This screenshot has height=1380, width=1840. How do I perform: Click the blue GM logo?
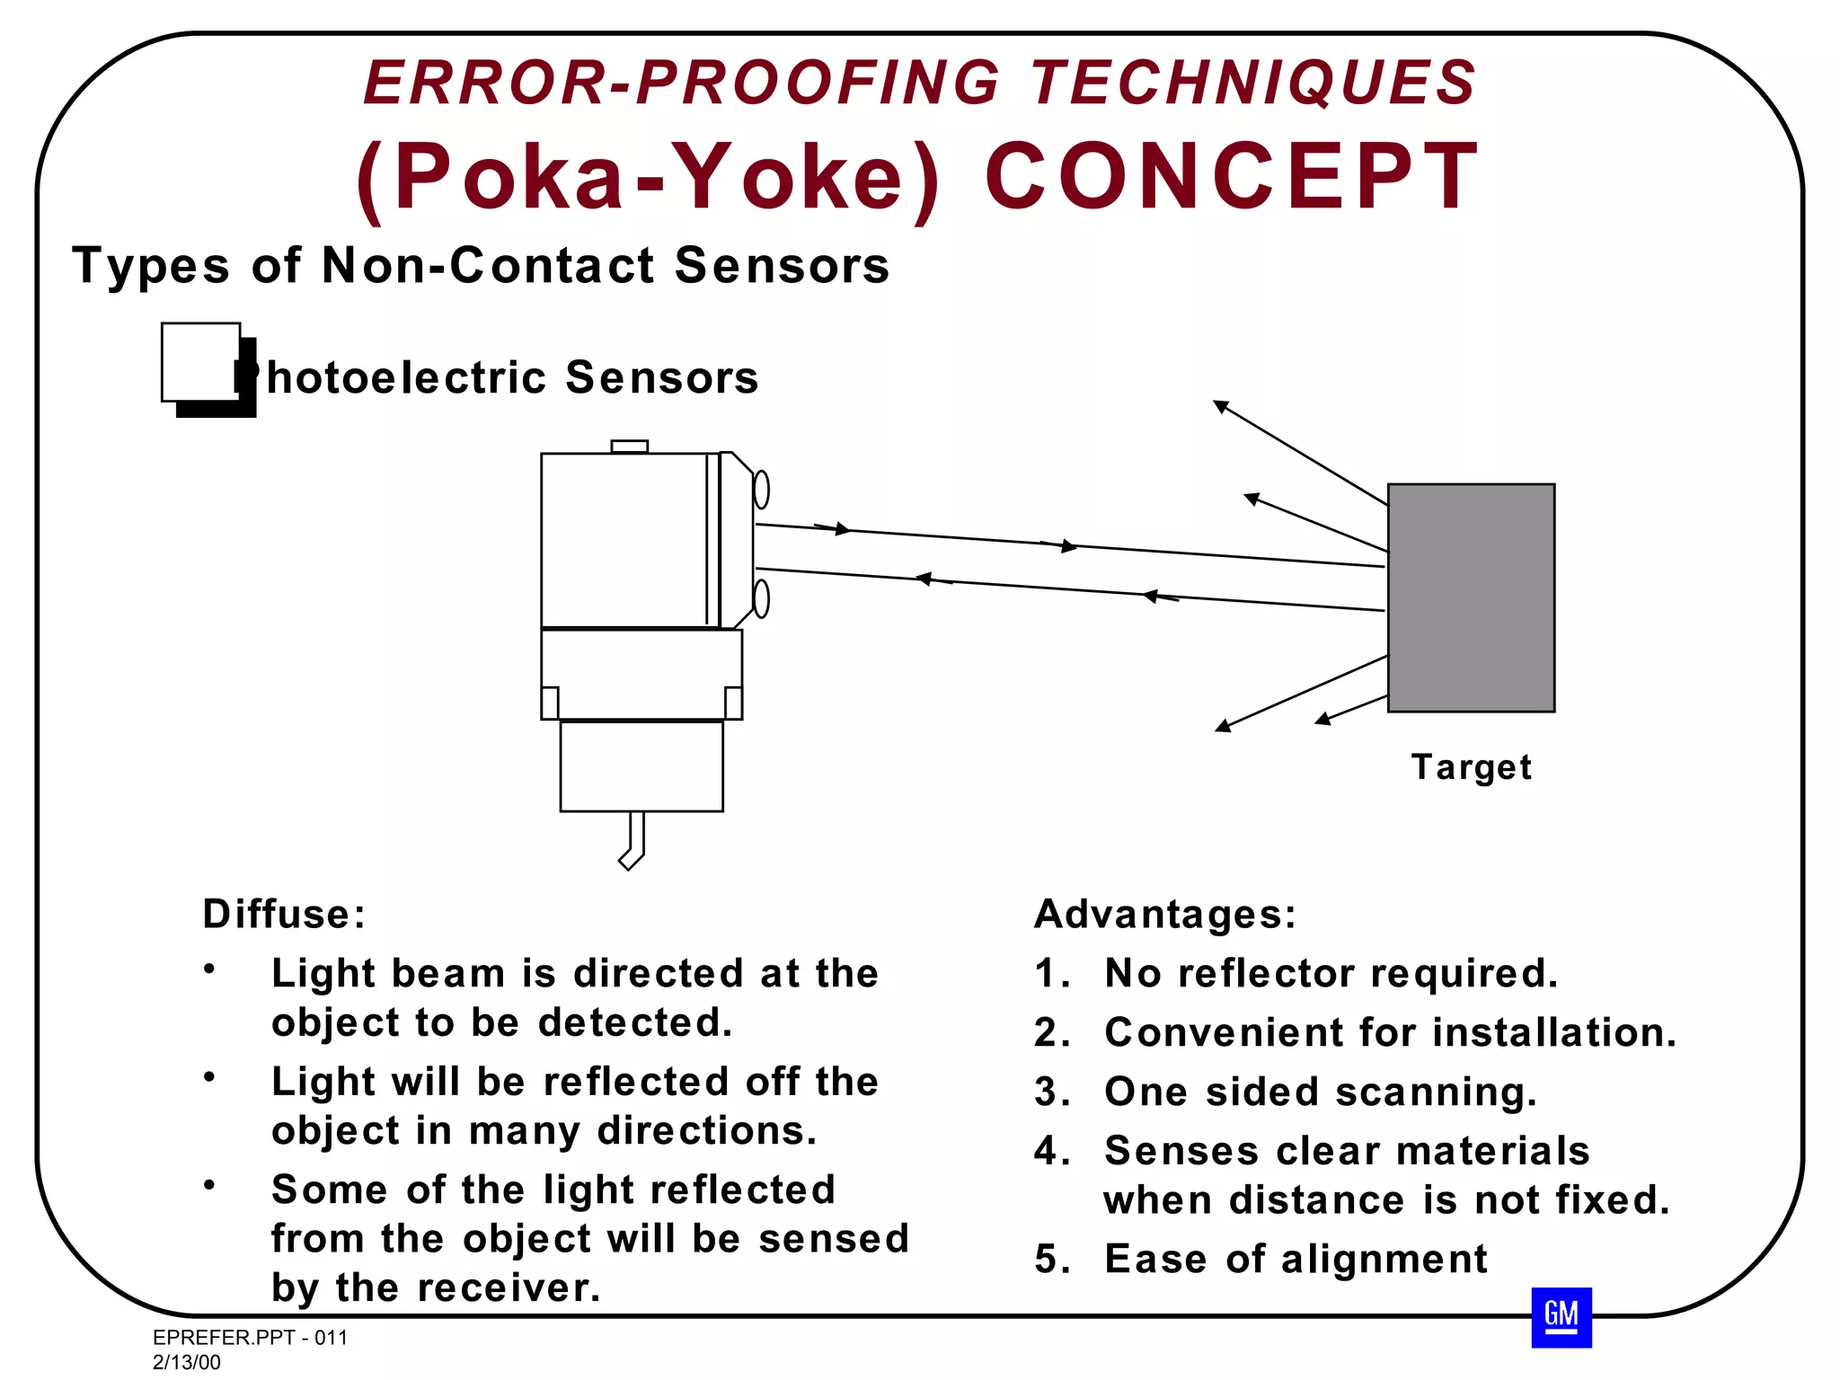[x=1561, y=1317]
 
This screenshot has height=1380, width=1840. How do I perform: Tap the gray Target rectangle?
[x=1471, y=597]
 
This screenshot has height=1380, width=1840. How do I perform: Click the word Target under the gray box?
[x=1471, y=767]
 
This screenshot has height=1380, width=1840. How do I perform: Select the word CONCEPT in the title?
[x=1232, y=177]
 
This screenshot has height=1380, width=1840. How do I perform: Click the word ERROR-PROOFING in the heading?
[x=680, y=83]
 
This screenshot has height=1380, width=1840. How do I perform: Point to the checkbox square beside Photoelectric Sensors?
[x=201, y=362]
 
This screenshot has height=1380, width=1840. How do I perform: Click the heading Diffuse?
[x=284, y=915]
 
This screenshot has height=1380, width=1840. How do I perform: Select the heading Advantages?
[x=1165, y=915]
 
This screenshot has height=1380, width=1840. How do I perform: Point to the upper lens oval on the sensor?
[x=761, y=490]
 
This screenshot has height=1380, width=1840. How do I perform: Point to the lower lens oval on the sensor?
[x=761, y=598]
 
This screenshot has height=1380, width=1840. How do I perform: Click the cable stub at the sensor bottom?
[x=634, y=840]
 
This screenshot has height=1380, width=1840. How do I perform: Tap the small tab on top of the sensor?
[x=629, y=447]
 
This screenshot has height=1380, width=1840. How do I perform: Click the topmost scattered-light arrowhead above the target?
[x=1220, y=406]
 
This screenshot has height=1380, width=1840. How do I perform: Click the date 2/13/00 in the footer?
[x=187, y=1362]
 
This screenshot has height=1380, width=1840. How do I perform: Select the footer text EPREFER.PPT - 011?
[x=250, y=1338]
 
